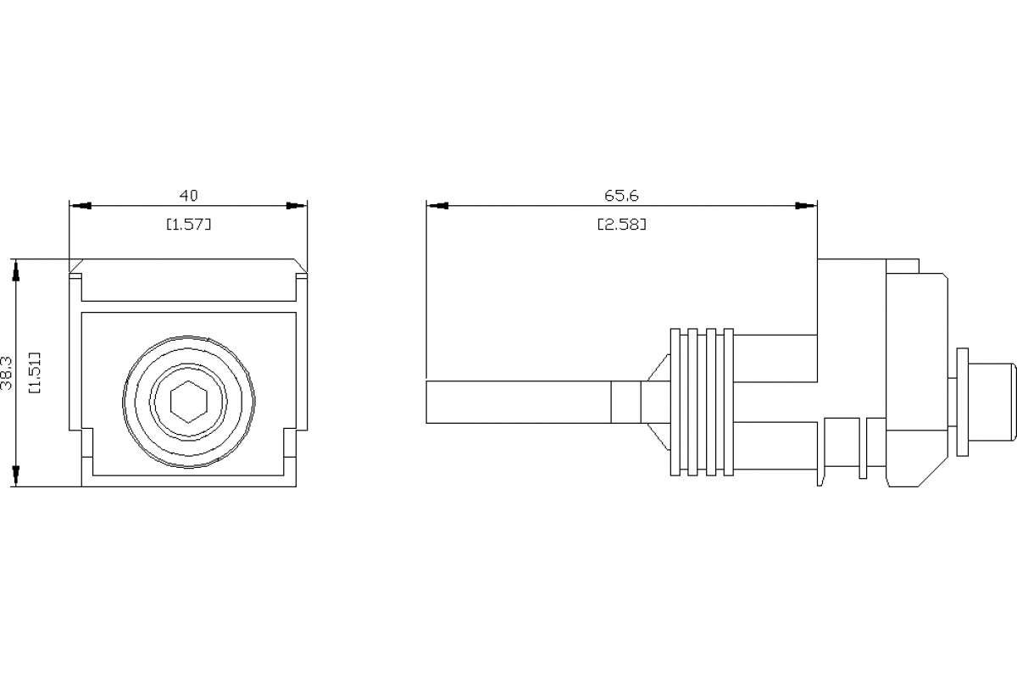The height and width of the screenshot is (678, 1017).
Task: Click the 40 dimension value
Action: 188,196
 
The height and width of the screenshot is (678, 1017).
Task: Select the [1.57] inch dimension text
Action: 188,225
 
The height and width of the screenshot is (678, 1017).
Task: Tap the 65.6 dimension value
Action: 621,196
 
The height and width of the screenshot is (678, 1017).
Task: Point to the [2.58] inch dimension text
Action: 621,225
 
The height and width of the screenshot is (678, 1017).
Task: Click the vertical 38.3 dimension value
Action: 8,373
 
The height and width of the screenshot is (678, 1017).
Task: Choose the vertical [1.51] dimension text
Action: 36,373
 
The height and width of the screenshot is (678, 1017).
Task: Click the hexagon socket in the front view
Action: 187,400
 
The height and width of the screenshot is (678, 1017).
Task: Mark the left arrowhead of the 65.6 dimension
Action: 437,206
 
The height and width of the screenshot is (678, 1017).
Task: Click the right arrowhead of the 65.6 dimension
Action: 806,206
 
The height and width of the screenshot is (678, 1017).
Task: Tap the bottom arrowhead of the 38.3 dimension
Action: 15,475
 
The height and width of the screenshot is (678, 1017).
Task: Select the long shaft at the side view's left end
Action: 517,402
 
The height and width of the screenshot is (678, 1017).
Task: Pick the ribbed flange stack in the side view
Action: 702,401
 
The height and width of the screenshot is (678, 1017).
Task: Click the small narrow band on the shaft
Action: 625,402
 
